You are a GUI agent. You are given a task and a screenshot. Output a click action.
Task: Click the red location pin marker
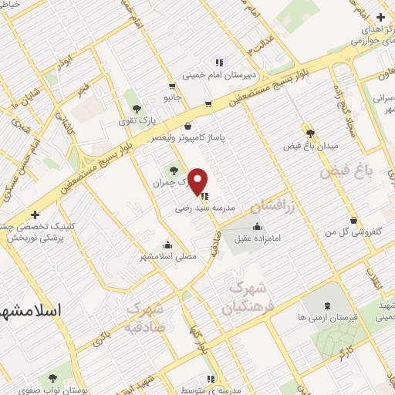coord(198,181)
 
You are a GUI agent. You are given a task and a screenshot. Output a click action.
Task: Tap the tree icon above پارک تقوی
coord(137,110)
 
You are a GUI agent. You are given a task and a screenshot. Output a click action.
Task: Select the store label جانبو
coord(170,97)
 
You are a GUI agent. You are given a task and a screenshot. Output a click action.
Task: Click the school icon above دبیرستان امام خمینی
coord(219,62)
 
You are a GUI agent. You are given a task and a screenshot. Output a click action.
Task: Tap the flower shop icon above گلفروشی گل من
coord(353,220)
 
